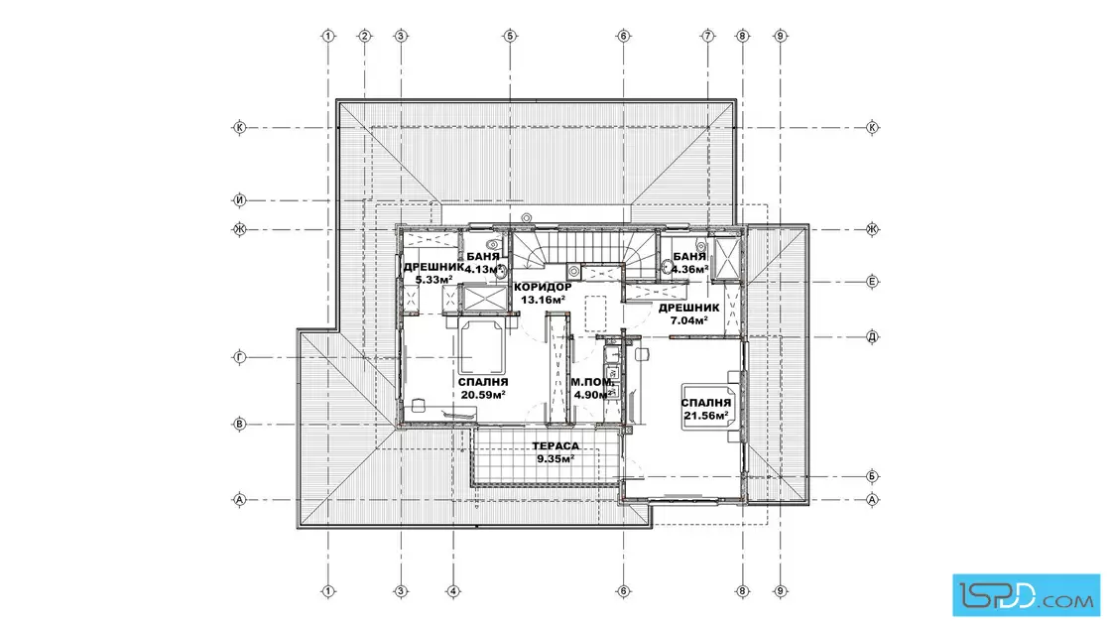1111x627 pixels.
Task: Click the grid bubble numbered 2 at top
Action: tap(365, 36)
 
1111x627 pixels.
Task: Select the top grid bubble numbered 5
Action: tap(510, 36)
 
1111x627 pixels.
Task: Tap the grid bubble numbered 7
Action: tap(707, 36)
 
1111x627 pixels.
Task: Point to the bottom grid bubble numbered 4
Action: tap(453, 591)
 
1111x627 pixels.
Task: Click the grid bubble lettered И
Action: tap(239, 200)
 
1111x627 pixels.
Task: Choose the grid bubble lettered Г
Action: tap(239, 358)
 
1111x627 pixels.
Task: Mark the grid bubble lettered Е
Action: tap(872, 282)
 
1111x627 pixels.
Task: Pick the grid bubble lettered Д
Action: tap(872, 336)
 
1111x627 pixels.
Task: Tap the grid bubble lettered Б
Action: tap(872, 476)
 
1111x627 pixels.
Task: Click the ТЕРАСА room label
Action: tap(555, 446)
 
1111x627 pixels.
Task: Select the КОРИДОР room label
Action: tap(543, 287)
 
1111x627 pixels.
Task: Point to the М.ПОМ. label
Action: tap(592, 383)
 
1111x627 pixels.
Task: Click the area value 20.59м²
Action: tap(483, 395)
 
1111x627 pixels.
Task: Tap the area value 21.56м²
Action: tap(706, 416)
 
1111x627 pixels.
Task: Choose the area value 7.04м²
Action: tap(689, 320)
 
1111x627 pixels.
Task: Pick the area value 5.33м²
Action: tap(434, 279)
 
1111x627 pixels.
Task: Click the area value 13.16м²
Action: tap(543, 300)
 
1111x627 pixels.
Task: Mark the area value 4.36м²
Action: tap(689, 269)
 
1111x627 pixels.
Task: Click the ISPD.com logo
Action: tap(1026, 595)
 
